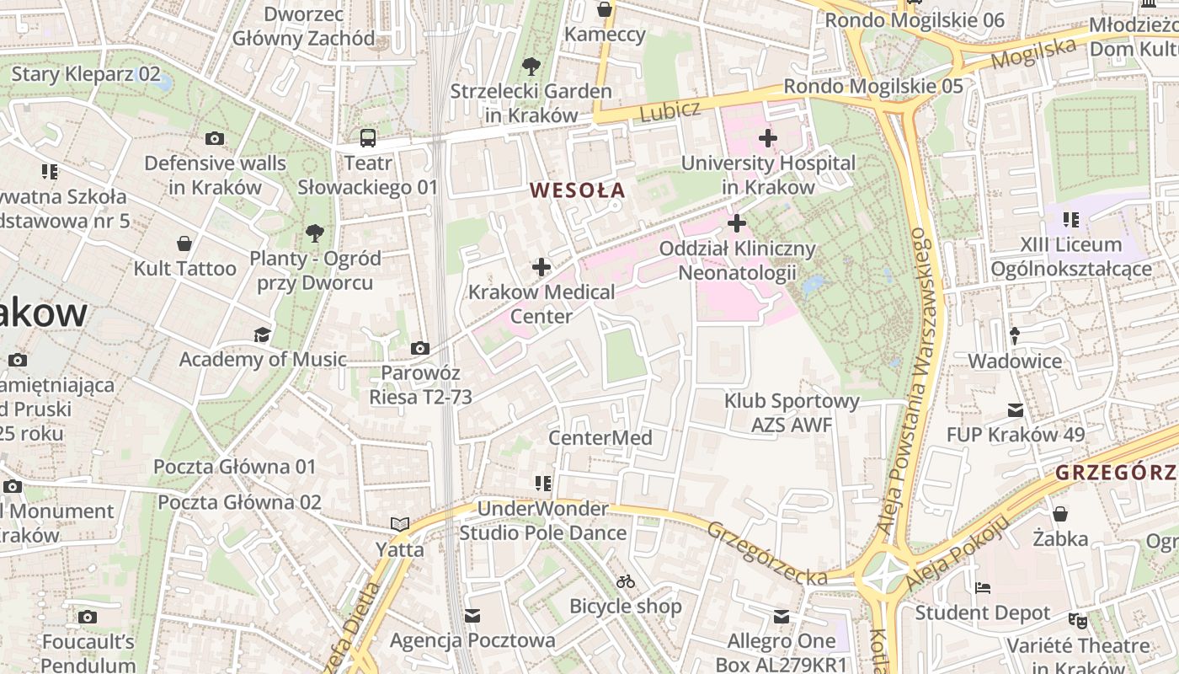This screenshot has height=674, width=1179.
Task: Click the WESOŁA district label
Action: tap(578, 190)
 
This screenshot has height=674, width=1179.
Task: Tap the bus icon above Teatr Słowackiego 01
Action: tap(368, 138)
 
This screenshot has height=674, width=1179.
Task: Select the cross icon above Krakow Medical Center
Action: tap(541, 268)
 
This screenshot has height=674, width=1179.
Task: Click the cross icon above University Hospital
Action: tap(767, 137)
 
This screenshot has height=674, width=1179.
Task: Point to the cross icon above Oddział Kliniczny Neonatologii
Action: tap(737, 223)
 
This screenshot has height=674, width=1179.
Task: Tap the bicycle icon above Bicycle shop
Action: tap(625, 581)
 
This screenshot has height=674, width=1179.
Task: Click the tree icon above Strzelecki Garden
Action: tap(531, 66)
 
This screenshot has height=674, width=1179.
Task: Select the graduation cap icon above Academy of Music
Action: tap(262, 334)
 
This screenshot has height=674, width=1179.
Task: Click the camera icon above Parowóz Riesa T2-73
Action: tap(419, 348)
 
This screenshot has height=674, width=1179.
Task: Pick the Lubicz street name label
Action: tap(670, 110)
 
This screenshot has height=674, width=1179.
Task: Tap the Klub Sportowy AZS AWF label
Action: tap(792, 413)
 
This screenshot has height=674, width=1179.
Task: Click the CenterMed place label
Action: tap(600, 438)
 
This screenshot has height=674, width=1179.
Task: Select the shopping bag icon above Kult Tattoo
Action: tap(184, 244)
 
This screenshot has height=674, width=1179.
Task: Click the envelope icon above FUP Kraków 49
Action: tap(1015, 410)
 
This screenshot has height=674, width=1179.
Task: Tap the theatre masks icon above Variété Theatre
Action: tap(1077, 621)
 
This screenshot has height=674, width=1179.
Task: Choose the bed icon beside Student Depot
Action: tap(982, 587)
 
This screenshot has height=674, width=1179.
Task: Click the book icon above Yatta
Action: tap(400, 524)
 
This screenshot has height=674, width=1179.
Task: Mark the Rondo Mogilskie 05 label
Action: tap(872, 86)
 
